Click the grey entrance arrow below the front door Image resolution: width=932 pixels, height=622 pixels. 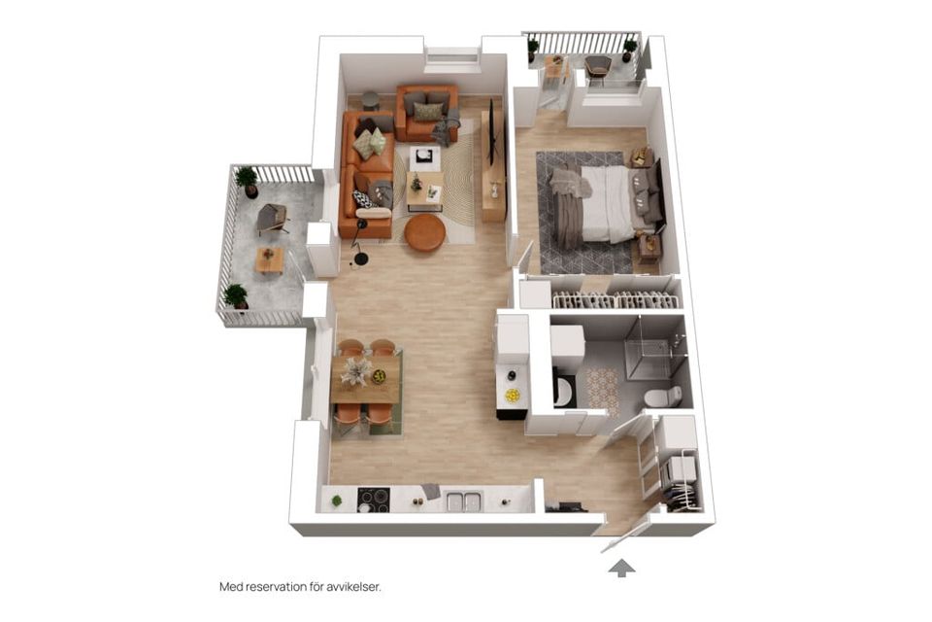coord(621,568)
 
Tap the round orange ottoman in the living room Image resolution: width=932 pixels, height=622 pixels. coord(424,232)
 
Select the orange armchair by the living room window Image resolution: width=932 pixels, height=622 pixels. coord(426,112)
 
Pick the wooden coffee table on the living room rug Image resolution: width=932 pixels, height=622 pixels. coord(423,190)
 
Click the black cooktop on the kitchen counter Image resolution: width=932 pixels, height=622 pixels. coord(373,500)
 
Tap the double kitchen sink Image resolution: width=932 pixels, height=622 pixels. coord(464,501)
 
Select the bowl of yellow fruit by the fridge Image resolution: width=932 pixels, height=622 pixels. coord(512,396)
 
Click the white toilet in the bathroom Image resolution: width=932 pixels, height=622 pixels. coord(662,397)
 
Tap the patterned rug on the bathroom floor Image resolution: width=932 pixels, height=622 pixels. coord(601,387)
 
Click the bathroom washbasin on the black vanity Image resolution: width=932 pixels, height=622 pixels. coord(564,390)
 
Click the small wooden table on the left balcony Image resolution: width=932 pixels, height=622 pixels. coord(270,259)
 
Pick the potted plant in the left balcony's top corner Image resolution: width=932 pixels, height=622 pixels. coord(248,180)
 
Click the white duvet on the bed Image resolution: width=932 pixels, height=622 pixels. coord(608,204)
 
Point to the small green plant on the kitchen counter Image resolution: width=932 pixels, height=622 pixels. coord(337,501)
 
